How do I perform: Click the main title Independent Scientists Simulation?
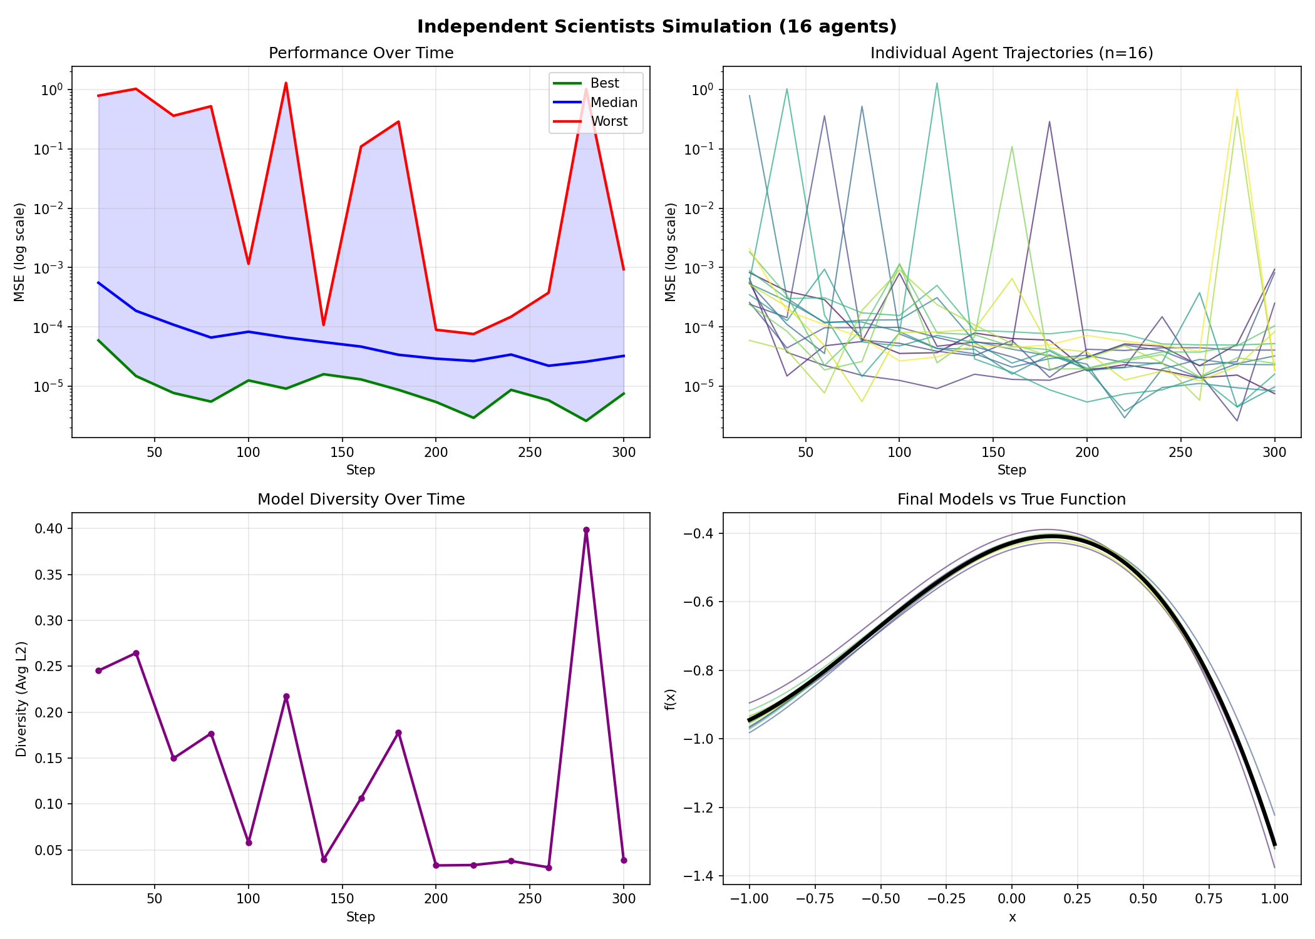[x=657, y=26]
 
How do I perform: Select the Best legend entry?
[x=604, y=83]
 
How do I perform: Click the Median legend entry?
[x=613, y=103]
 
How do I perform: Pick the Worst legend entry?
[x=609, y=121]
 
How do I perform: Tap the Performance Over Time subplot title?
[x=361, y=53]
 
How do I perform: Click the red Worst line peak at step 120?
[x=286, y=83]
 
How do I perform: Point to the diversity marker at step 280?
[x=586, y=530]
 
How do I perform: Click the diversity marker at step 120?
[x=286, y=696]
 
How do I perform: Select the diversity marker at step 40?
[x=136, y=653]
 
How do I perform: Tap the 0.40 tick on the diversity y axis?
[x=51, y=529]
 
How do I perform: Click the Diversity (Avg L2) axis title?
[x=21, y=699]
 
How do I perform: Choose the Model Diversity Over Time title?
[x=361, y=500]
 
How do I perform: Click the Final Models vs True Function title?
[x=1011, y=500]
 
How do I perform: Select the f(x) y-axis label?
[x=671, y=699]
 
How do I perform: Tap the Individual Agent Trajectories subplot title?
[x=1011, y=53]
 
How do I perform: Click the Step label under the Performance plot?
[x=361, y=470]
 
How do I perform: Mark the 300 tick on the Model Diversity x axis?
[x=624, y=899]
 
